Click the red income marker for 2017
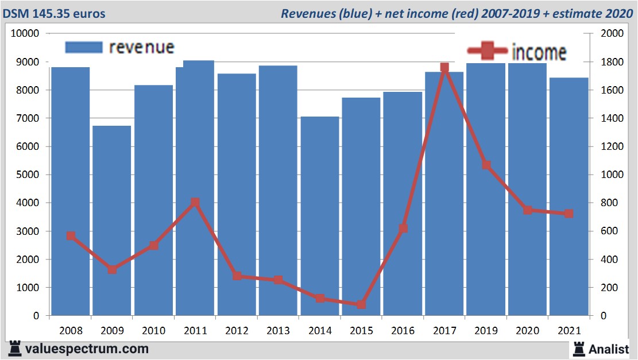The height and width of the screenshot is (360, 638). click(444, 68)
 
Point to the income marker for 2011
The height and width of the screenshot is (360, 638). click(195, 203)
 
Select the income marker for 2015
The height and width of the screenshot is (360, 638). click(361, 304)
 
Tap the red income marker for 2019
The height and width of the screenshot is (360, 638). click(486, 165)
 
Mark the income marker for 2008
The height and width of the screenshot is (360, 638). click(71, 235)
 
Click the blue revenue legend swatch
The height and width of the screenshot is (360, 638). click(84, 48)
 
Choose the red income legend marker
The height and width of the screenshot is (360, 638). click(487, 51)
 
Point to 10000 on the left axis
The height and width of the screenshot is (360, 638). click(25, 33)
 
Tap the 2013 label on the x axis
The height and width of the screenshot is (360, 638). click(279, 331)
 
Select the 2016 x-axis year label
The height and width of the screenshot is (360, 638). click(403, 331)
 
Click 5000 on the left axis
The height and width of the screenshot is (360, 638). click(27, 175)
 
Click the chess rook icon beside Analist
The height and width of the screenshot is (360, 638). click(579, 349)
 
